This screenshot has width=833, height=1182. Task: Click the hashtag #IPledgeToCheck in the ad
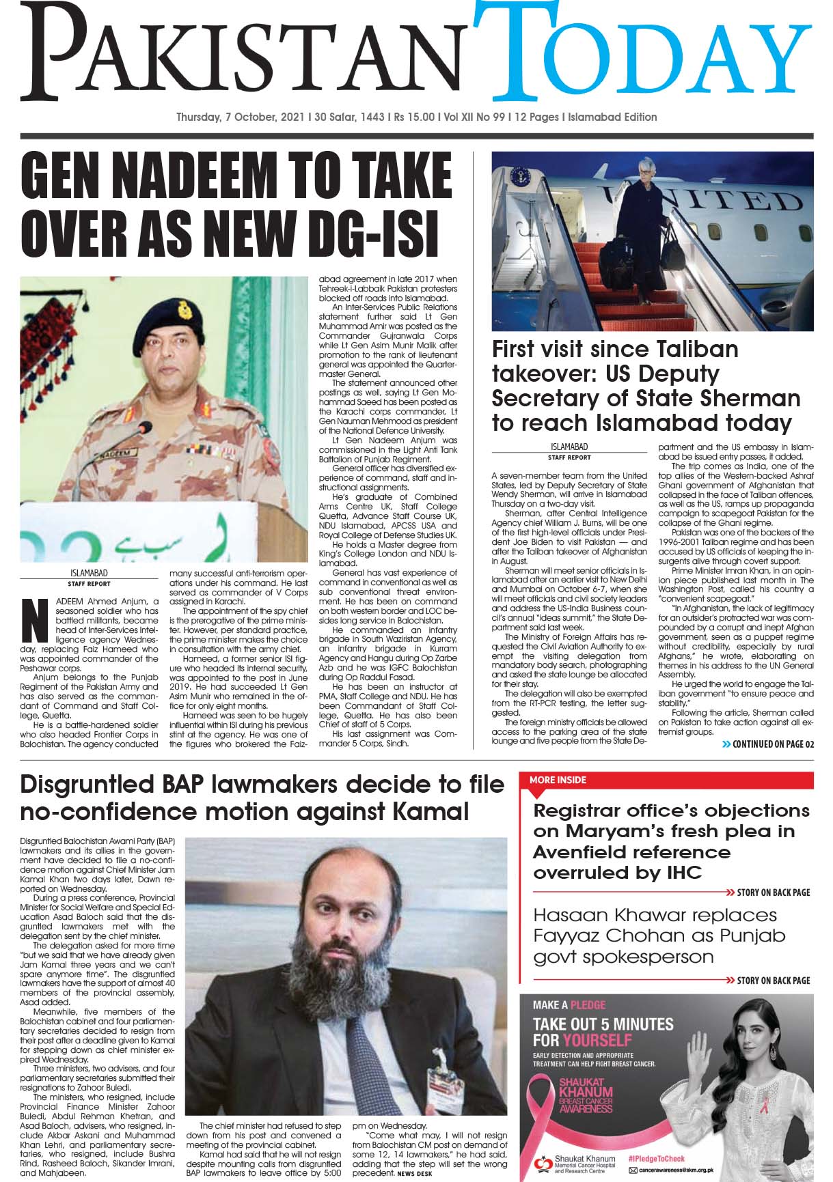coord(655,1158)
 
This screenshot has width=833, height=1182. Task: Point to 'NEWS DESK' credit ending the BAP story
coord(413,1173)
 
